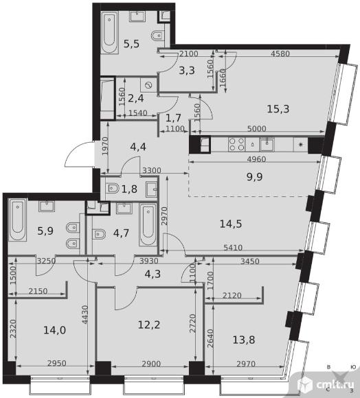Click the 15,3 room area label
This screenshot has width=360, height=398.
coord(278,109)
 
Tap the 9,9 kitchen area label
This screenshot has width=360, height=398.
coord(255,176)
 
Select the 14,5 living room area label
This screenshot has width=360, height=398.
coord(230,224)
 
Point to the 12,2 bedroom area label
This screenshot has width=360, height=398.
coord(149,325)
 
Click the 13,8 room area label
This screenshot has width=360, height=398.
coord(244,340)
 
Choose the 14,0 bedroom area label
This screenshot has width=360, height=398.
coord(55,330)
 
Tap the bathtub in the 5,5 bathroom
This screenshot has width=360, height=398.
coord(110,32)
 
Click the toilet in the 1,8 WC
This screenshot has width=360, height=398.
coord(113,188)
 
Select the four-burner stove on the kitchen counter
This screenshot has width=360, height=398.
coord(236,144)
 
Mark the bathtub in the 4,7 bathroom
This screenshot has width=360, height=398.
coord(148,224)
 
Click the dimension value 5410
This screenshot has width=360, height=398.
coord(233,247)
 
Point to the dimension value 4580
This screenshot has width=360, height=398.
coord(280,54)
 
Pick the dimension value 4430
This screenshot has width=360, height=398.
coord(85,314)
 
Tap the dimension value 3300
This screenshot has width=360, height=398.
coord(152,170)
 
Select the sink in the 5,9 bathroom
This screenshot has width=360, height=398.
coord(47,206)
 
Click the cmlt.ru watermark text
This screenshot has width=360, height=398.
coord(335,385)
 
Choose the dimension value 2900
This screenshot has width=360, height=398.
coord(151,364)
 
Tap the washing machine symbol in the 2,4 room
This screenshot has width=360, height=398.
coord(148,85)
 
